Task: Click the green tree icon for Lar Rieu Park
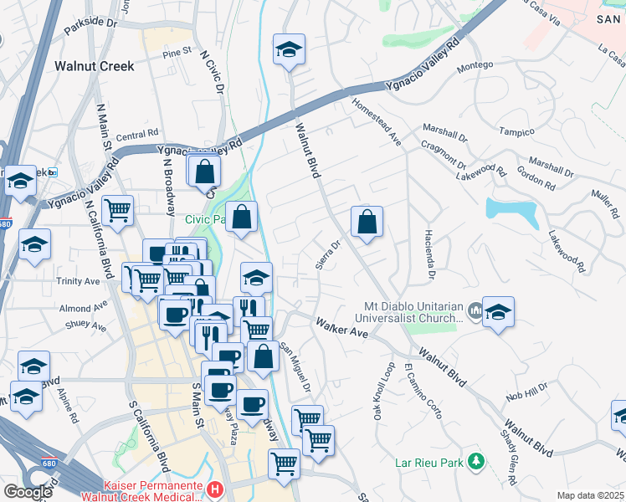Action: pos(476,461)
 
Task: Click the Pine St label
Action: pos(177,53)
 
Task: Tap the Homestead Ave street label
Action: pos(377,125)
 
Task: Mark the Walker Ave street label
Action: pos(341,327)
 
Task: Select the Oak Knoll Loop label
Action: pos(384,391)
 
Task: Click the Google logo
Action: pos(28,492)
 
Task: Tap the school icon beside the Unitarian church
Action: pos(498,312)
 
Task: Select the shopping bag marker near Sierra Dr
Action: pos(367,223)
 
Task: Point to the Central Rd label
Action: pos(137,134)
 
